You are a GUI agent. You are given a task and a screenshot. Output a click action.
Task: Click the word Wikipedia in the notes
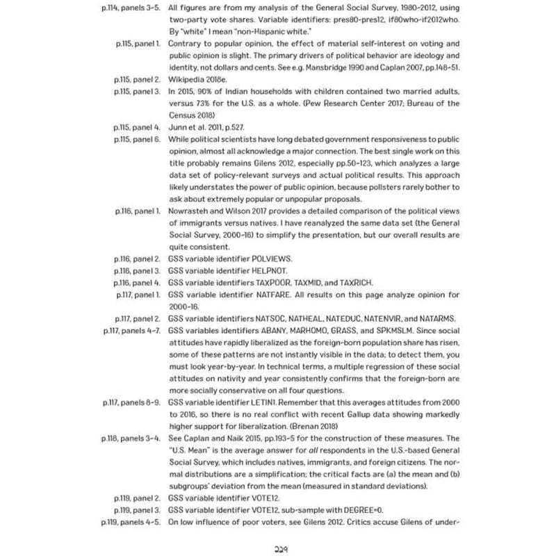pyautogui.click(x=189, y=80)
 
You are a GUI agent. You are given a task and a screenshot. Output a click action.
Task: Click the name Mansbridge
pyautogui.click(x=346, y=68)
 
